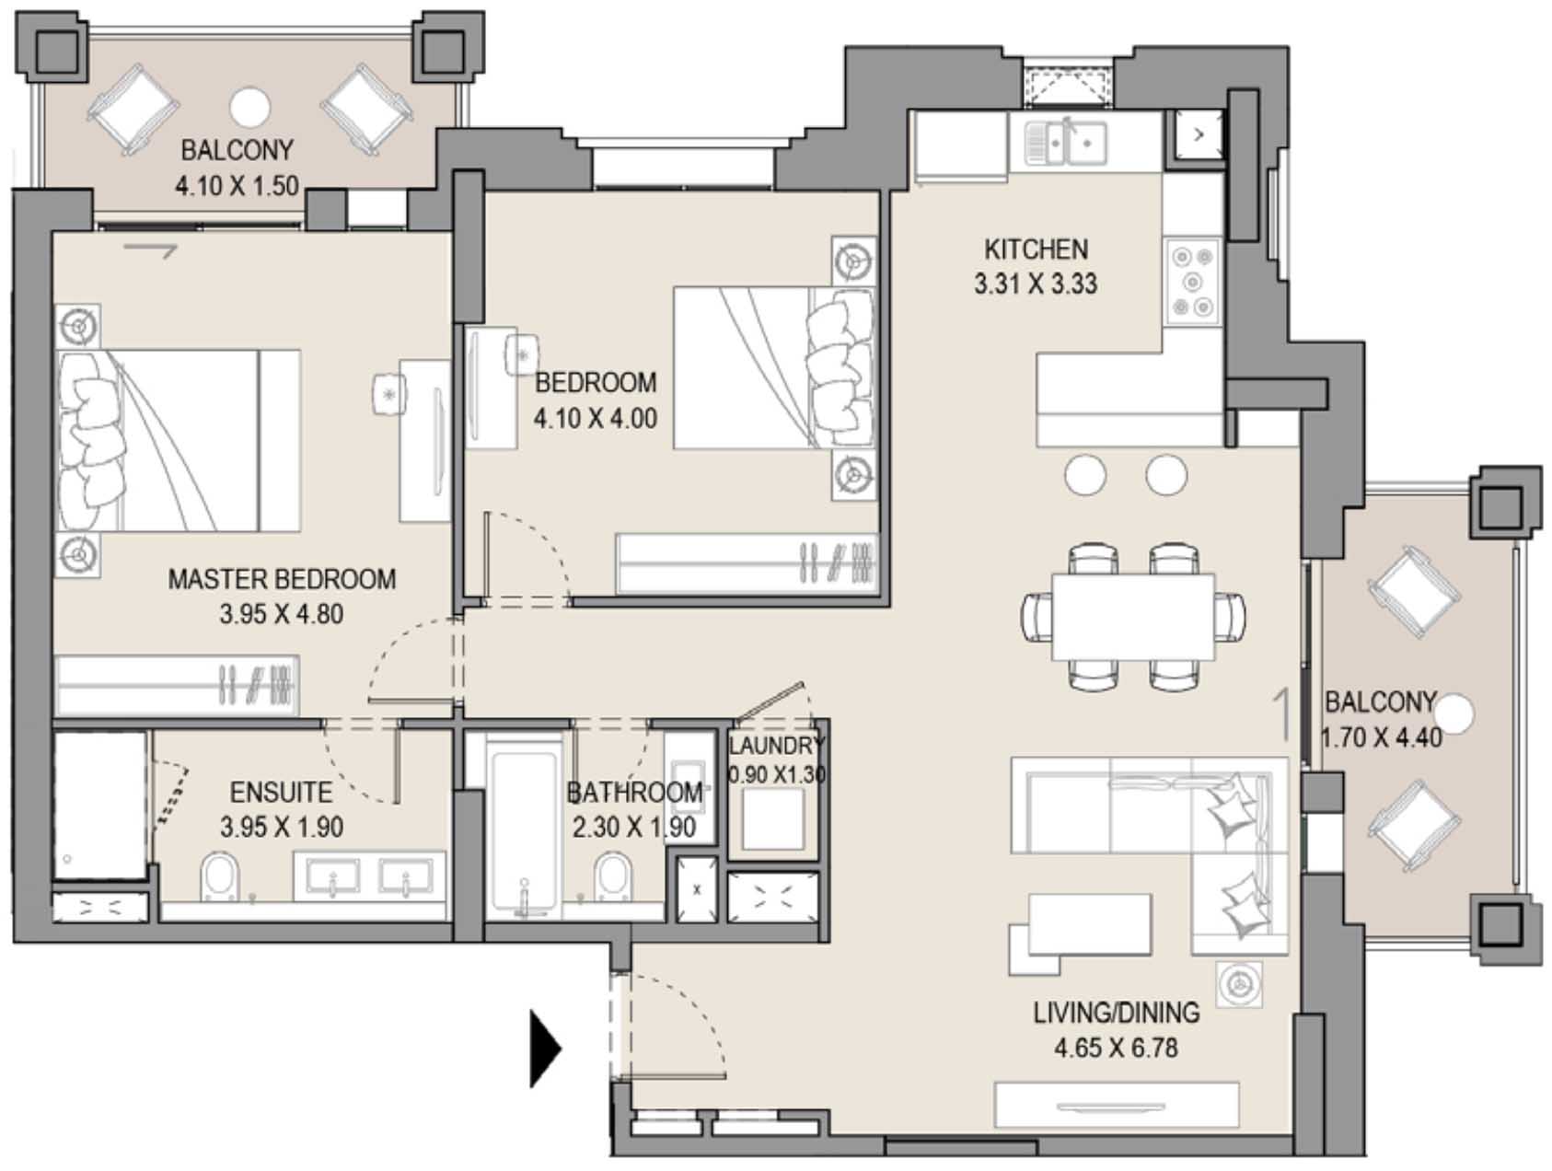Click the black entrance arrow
(x=545, y=1048)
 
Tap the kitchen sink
(x=1066, y=142)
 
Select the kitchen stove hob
(x=1192, y=282)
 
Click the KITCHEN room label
(x=1036, y=249)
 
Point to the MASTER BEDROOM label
(x=282, y=579)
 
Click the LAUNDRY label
(x=776, y=745)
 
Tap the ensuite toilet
(x=220, y=878)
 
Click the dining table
(x=1133, y=617)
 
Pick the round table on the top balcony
(x=249, y=108)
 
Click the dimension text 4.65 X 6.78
(x=1116, y=1048)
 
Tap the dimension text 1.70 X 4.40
(x=1381, y=737)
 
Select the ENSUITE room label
(x=281, y=792)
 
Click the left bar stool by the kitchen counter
(x=1085, y=475)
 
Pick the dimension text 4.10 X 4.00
(x=596, y=418)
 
